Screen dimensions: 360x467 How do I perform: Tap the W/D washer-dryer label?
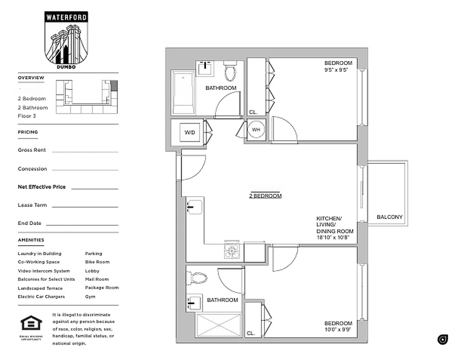(189, 132)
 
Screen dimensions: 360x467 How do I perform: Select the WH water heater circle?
(256, 130)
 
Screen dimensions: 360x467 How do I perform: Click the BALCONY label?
(390, 217)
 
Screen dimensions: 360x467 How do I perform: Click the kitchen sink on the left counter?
(194, 207)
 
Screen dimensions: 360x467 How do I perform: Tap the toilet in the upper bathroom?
(230, 71)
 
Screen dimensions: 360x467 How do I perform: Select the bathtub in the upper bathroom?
(183, 92)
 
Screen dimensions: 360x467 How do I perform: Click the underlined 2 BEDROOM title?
(265, 196)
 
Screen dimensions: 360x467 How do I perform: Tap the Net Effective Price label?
(41, 187)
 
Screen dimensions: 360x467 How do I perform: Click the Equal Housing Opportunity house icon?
(31, 323)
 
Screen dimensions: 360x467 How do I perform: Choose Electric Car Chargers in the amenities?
(41, 297)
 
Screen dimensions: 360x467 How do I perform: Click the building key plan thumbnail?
(86, 96)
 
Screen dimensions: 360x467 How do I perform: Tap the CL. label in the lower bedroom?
(251, 333)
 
